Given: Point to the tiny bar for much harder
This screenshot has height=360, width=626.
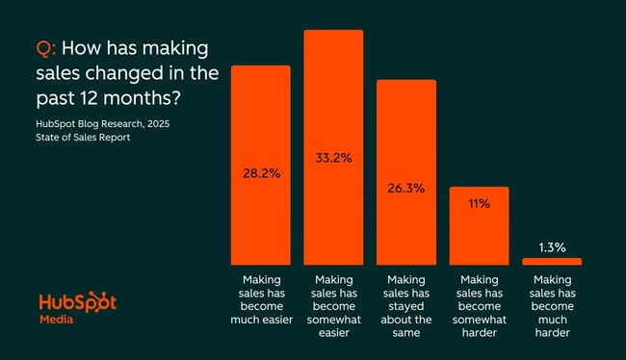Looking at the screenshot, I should tap(552, 261).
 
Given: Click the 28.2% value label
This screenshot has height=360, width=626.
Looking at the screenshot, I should tap(260, 174).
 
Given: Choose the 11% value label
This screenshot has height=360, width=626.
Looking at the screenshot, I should tap(479, 204).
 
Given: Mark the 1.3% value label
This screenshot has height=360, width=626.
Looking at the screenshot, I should tap(552, 247).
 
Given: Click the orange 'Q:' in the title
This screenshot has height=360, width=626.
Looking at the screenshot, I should tap(47, 49).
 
